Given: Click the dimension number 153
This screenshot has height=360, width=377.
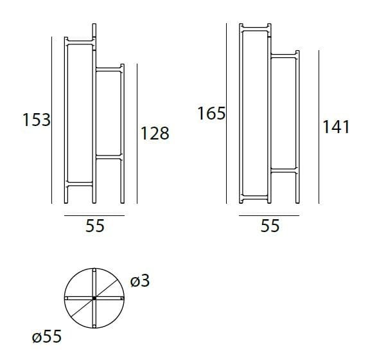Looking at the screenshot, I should (36, 120).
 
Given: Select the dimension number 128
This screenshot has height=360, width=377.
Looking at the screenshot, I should (155, 133).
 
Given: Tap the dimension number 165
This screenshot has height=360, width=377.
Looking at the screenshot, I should (211, 114).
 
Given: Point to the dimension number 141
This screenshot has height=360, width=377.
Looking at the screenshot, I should (336, 127).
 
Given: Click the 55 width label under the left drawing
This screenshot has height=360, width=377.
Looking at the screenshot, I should (94, 226).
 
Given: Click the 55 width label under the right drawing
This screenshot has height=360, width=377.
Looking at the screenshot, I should (270, 226).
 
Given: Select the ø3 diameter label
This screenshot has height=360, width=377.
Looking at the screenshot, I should (139, 281).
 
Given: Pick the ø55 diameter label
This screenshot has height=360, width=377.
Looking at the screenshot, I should (47, 336).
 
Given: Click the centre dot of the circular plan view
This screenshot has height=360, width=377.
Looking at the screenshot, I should (94, 299).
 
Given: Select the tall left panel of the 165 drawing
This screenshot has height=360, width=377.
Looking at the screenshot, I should (254, 113).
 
